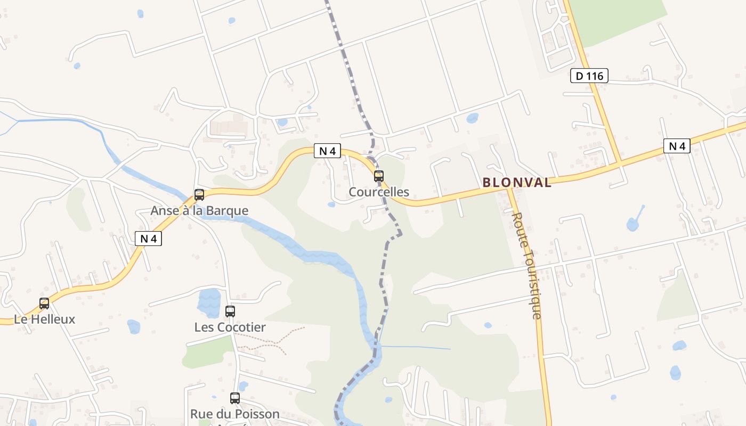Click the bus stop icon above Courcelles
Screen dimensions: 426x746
[x=378, y=176]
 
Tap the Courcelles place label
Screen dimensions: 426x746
[x=379, y=192]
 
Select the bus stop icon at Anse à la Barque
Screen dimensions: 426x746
[x=199, y=195]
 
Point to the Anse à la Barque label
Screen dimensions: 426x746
[x=199, y=211]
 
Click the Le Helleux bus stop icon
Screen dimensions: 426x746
[x=44, y=304]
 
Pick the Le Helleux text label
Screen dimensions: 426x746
[x=45, y=319]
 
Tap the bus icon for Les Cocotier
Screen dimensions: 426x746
[x=230, y=311]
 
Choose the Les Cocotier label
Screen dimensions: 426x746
[x=230, y=327]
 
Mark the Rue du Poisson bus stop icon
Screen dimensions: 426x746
[x=235, y=398]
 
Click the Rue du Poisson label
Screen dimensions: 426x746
[x=235, y=414]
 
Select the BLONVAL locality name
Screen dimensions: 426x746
[x=517, y=183]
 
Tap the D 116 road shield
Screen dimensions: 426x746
[x=589, y=76]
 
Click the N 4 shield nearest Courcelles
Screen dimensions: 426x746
[x=327, y=151]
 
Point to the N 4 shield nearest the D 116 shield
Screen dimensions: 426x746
[x=677, y=145]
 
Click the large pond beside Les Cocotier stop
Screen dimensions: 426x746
[x=209, y=302]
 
